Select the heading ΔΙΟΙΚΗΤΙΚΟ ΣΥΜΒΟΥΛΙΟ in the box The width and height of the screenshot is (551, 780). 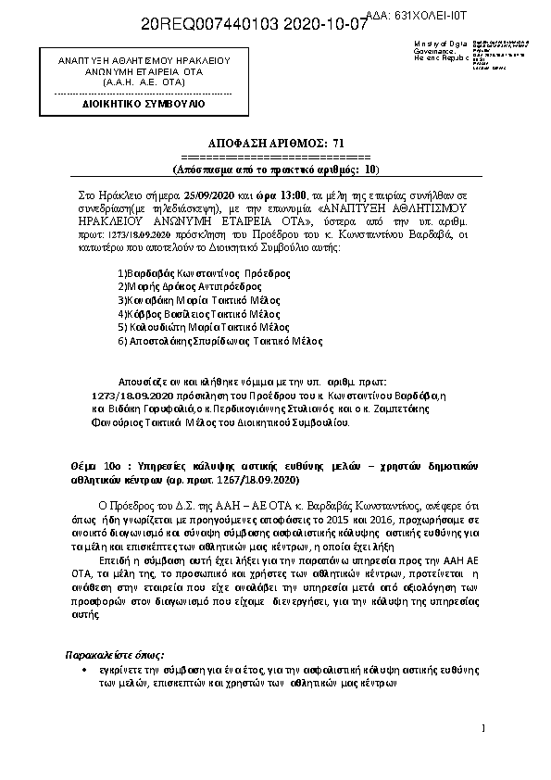(143, 104)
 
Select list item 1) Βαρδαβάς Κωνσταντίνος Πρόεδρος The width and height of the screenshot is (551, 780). (205, 273)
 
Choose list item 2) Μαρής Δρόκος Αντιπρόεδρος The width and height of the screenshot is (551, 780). (184, 287)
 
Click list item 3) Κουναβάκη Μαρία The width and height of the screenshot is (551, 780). (193, 300)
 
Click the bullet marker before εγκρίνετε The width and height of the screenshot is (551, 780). (84, 669)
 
